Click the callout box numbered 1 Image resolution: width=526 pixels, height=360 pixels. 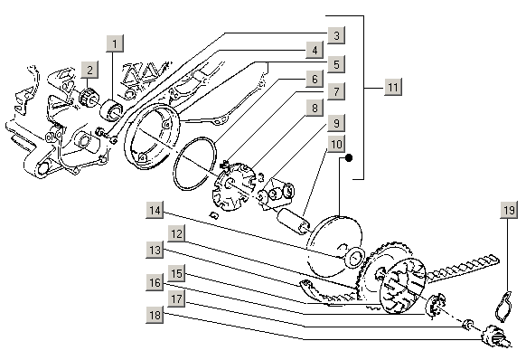115,43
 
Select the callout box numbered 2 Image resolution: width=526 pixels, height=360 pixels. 89,70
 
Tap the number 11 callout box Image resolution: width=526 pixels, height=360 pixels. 393,87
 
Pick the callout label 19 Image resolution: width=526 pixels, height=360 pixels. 509,210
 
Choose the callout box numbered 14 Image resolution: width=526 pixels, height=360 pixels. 155,210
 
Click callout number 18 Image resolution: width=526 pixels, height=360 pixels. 155,315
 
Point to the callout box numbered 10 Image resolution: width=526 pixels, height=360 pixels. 336,144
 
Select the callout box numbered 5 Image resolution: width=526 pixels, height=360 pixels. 336,64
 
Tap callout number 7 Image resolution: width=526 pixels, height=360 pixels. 336,91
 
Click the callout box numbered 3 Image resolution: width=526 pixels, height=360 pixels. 336,35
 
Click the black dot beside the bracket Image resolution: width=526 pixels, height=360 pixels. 349,157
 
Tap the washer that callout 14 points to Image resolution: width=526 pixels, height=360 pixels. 355,259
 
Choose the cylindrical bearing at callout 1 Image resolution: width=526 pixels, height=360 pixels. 112,109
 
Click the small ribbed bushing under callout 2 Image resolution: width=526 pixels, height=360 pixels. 89,97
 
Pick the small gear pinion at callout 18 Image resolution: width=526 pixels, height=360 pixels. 495,336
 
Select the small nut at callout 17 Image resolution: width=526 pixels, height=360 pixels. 468,324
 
